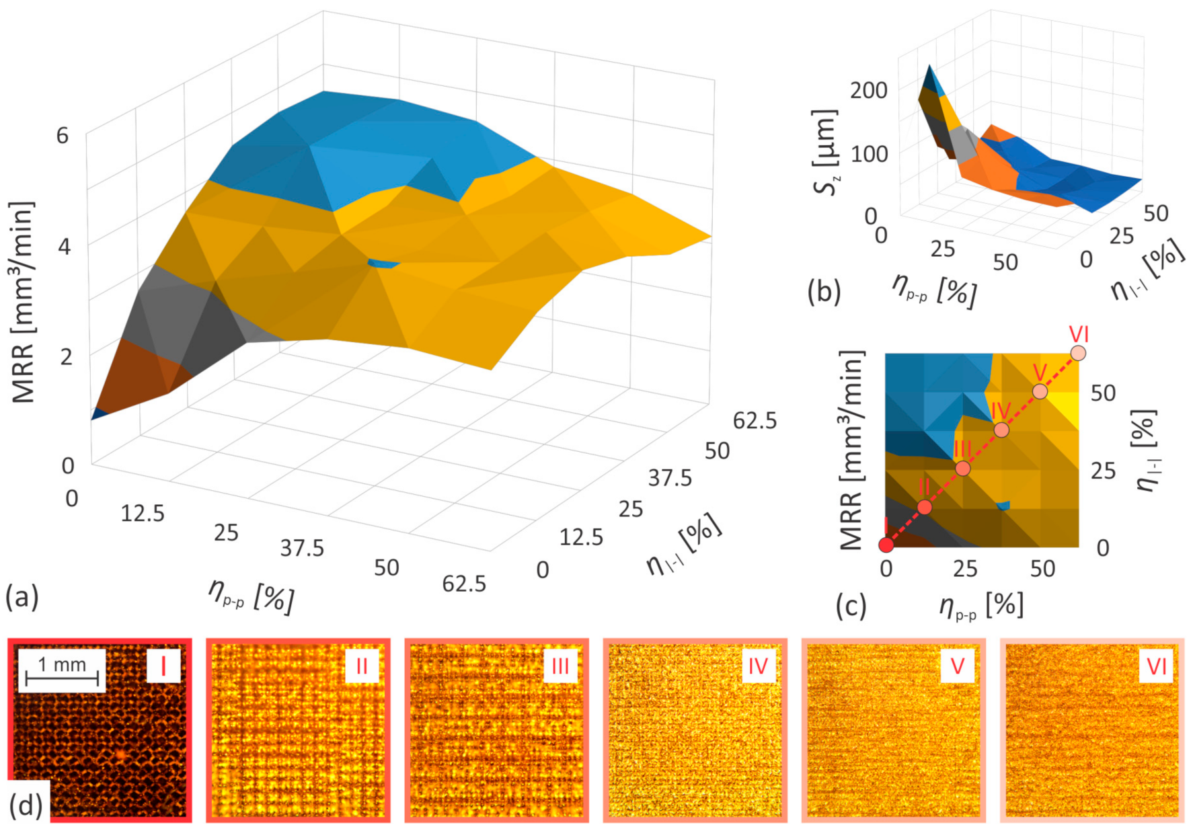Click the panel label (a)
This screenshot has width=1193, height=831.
(22, 596)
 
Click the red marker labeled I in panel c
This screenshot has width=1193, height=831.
(886, 545)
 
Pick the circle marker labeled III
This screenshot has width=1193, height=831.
(963, 468)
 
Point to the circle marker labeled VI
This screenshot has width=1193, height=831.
(1078, 353)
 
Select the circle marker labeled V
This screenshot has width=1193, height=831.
(1040, 391)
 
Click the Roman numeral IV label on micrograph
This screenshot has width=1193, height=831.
(758, 666)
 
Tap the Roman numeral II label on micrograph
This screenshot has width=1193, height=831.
(362, 666)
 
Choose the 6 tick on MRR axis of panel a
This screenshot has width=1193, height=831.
(63, 136)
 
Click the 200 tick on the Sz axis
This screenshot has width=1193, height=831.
(868, 90)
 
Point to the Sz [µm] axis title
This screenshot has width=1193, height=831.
(826, 151)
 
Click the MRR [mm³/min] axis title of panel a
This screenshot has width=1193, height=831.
(23, 303)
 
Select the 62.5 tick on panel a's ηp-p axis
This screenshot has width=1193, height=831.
(464, 584)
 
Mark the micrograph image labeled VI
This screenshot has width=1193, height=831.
(1091, 730)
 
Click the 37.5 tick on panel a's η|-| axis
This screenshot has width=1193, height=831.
(670, 478)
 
